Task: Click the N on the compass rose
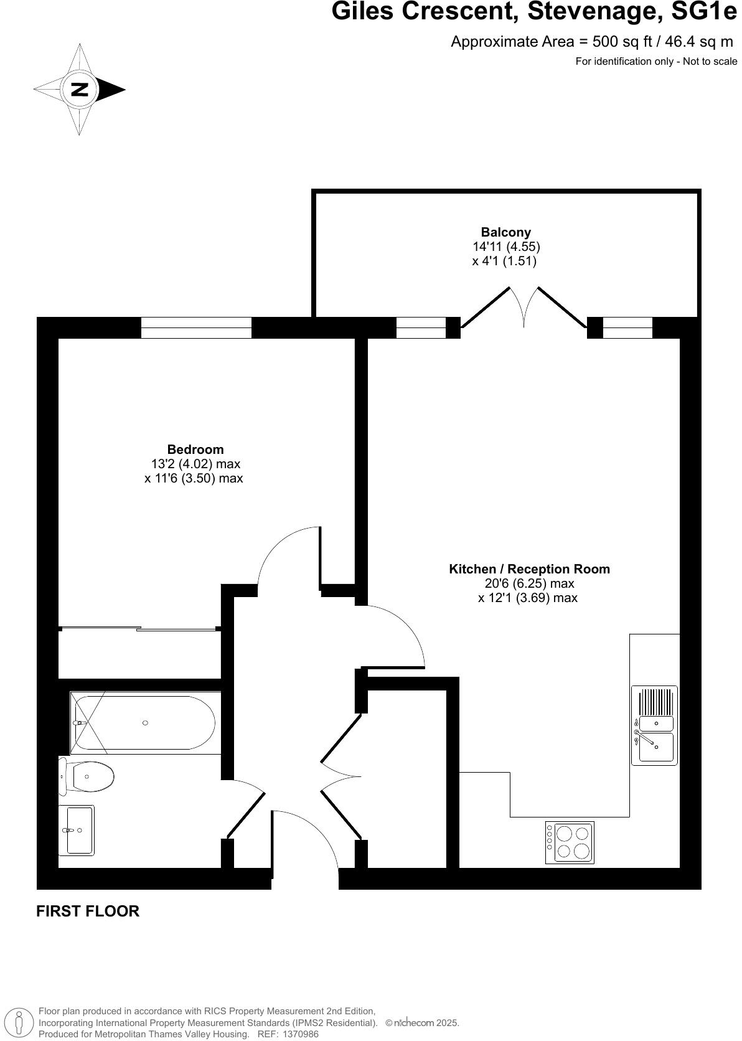(x=80, y=89)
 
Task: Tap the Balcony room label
(x=505, y=232)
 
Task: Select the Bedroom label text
(x=195, y=449)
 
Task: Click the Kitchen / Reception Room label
(x=529, y=568)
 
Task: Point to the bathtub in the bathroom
(x=144, y=722)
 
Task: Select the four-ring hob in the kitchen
(x=570, y=842)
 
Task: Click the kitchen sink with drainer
(x=654, y=725)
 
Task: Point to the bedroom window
(x=196, y=327)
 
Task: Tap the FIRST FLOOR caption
(x=88, y=911)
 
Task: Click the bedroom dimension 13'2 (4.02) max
(x=195, y=464)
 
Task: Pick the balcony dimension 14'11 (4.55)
(x=505, y=247)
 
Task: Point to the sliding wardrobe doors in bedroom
(x=139, y=628)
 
